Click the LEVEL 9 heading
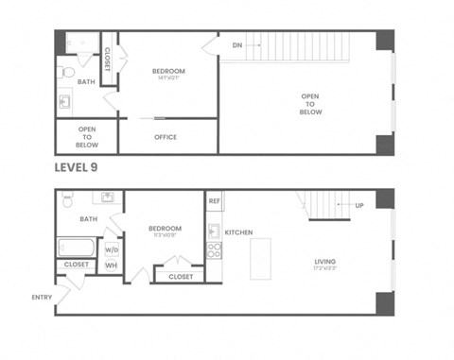(x=76, y=167)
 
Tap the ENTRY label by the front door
(x=42, y=297)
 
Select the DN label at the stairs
(x=238, y=44)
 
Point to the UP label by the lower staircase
(x=358, y=205)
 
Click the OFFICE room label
(x=166, y=137)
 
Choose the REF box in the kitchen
(x=214, y=200)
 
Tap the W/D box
(x=112, y=249)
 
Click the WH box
(x=112, y=266)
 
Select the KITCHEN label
(x=238, y=231)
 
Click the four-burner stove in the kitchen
(x=214, y=250)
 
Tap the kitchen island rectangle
(x=260, y=258)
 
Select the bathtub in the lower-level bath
(x=76, y=247)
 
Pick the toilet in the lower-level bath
(x=67, y=200)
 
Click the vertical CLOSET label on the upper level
(x=107, y=59)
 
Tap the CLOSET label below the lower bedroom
(x=180, y=277)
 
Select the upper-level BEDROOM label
(x=168, y=72)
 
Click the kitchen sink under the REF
(x=214, y=230)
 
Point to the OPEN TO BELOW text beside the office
(x=86, y=137)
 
